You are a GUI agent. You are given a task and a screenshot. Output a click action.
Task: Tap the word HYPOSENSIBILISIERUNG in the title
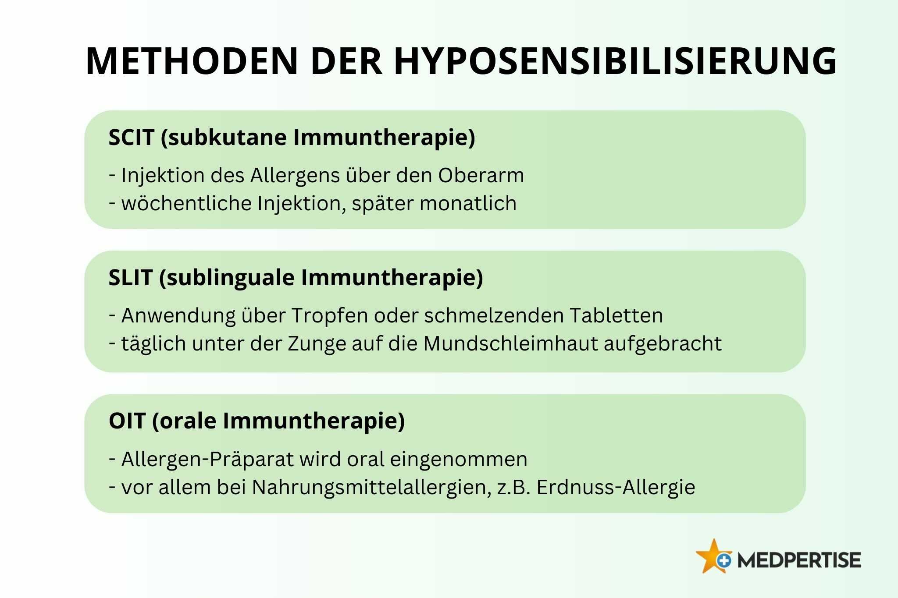coord(615,61)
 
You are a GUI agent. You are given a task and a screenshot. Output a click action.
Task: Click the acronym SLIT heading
coord(131,278)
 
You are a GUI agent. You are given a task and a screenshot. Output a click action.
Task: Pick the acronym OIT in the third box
coord(127,421)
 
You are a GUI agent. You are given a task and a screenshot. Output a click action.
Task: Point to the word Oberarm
coord(481,175)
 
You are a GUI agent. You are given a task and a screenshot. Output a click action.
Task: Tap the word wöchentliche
coord(186,203)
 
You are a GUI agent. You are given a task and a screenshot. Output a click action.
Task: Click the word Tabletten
coord(616,315)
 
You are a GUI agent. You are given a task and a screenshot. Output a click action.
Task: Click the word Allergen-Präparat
coord(207,460)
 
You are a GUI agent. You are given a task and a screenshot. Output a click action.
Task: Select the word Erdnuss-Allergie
coord(616,488)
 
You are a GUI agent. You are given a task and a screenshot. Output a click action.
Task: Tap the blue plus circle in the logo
coord(724,560)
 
